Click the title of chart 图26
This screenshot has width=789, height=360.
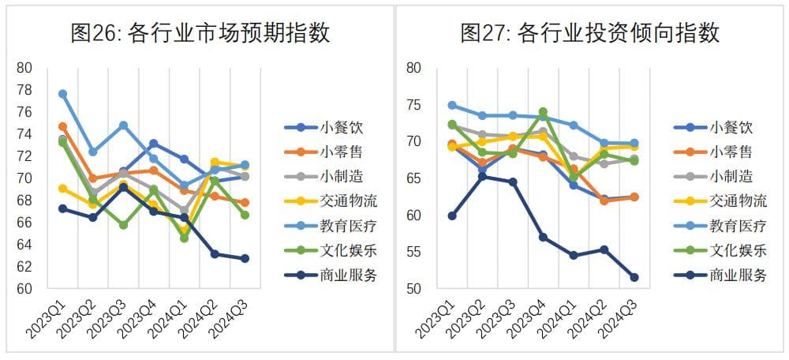200,33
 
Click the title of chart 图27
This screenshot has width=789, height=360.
589,33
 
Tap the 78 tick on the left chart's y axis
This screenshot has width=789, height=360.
24,90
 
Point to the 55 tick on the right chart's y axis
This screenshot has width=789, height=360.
415,252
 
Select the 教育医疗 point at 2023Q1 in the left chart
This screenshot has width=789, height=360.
63,94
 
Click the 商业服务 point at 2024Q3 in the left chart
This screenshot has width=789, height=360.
245,258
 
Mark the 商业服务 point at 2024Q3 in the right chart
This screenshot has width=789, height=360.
634,277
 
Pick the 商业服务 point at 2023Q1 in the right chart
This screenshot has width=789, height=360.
452,216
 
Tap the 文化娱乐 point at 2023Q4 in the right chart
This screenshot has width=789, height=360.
543,112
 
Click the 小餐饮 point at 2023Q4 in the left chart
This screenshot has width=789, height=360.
154,144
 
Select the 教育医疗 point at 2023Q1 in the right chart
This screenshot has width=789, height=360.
452,105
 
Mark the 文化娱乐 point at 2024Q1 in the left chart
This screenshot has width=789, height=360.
185,238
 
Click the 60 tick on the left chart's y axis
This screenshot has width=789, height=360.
24,289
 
